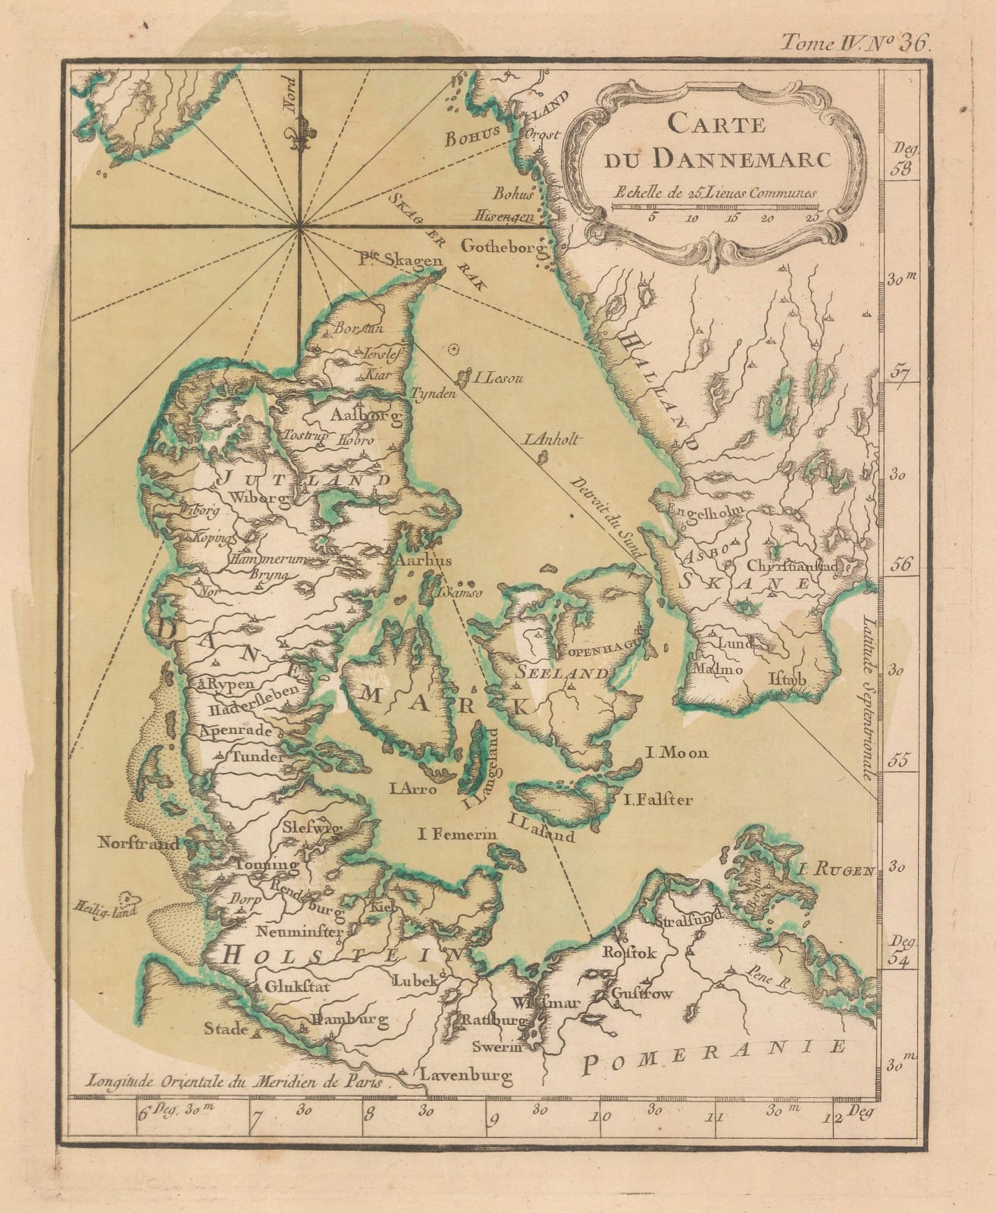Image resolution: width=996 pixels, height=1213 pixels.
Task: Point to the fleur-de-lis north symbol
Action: tap(300, 133)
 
